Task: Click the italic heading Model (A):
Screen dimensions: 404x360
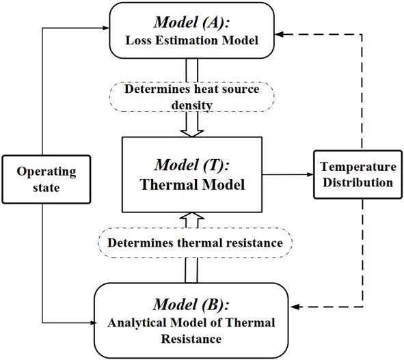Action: pyautogui.click(x=191, y=22)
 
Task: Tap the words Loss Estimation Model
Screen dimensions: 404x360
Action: pyautogui.click(x=191, y=40)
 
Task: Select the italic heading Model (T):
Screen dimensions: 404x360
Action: pyautogui.click(x=191, y=165)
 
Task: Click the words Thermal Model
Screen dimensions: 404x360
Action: pyautogui.click(x=192, y=184)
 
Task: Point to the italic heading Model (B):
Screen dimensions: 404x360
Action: pyautogui.click(x=191, y=304)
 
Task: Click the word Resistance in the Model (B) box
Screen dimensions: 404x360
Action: pyautogui.click(x=191, y=339)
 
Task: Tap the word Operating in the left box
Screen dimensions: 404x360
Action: pyautogui.click(x=46, y=172)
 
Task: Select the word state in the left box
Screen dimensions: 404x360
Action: pyautogui.click(x=46, y=188)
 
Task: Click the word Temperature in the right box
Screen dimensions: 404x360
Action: pyautogui.click(x=358, y=167)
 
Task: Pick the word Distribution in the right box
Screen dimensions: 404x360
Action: pyautogui.click(x=358, y=182)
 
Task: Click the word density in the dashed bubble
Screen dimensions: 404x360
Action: pyautogui.click(x=192, y=105)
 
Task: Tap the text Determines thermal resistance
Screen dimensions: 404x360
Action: pyautogui.click(x=195, y=243)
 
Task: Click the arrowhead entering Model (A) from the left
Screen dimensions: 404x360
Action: pyautogui.click(x=106, y=28)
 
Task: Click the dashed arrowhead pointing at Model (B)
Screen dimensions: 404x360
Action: pyautogui.click(x=295, y=307)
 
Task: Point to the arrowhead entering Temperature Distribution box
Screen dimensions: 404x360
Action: pyautogui.click(x=310, y=174)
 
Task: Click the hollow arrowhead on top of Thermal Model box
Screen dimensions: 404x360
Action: pyautogui.click(x=192, y=133)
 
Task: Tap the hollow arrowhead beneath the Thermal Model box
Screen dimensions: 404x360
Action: pyautogui.click(x=192, y=216)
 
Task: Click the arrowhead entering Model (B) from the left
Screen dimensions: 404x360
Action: pyautogui.click(x=93, y=322)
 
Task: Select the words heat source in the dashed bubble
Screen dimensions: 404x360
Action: pyautogui.click(x=227, y=89)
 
